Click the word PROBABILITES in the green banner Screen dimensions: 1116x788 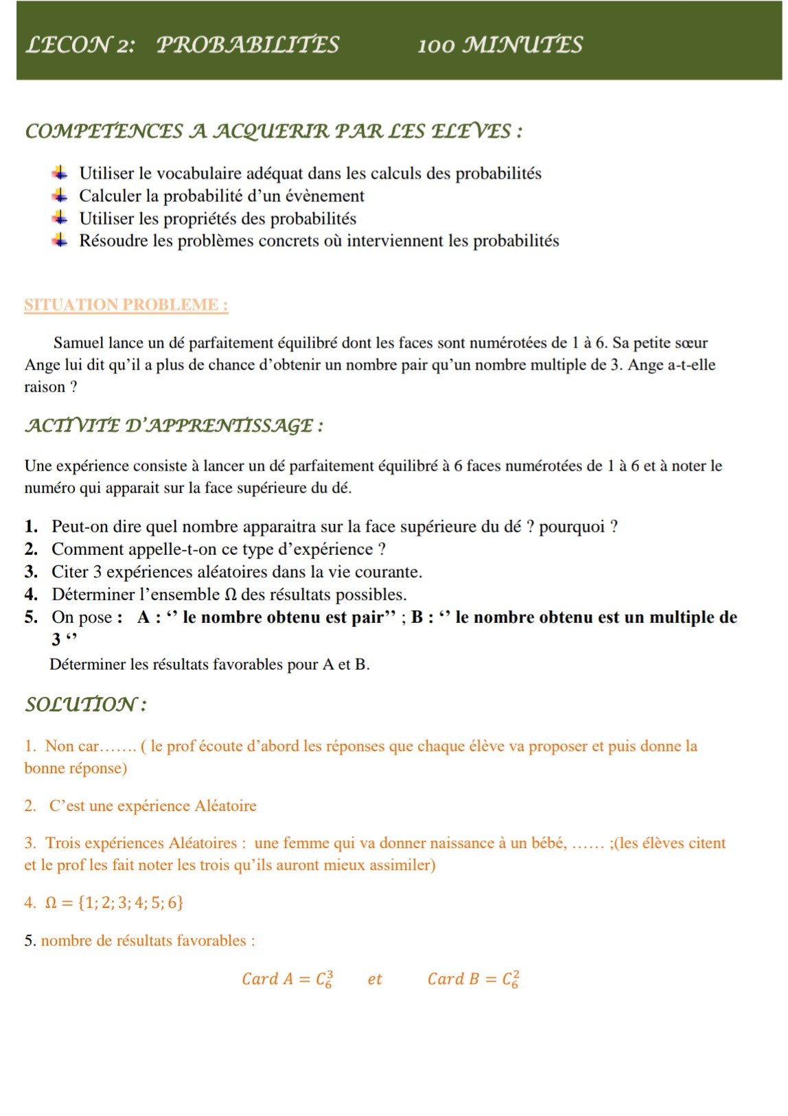(x=248, y=45)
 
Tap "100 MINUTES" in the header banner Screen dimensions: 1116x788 (x=500, y=45)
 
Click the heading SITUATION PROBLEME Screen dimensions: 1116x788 (x=126, y=305)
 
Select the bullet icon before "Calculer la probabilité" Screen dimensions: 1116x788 (x=60, y=196)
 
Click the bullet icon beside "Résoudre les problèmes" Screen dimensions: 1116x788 (x=60, y=240)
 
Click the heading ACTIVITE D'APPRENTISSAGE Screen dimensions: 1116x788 (x=174, y=426)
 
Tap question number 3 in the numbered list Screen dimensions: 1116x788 (x=31, y=572)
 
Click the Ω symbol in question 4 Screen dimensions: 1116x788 (x=231, y=595)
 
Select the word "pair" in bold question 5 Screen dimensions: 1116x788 (x=367, y=617)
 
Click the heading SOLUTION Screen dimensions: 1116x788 (x=85, y=705)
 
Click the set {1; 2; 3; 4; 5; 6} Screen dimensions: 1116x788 (x=130, y=902)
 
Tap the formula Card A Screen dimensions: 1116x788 (x=288, y=979)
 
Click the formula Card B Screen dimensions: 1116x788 (x=473, y=979)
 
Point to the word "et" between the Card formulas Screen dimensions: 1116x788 (x=375, y=979)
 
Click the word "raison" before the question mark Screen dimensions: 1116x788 (x=45, y=387)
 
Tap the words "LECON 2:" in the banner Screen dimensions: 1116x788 (x=80, y=45)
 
